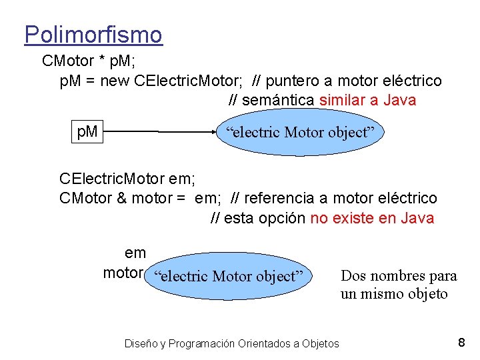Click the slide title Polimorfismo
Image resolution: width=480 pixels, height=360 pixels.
(93, 34)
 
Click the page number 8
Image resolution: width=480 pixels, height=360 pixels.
(461, 343)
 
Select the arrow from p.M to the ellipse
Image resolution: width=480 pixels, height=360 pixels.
(160, 132)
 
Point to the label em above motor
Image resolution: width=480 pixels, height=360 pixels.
(135, 253)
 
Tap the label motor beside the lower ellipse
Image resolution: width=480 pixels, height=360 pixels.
(123, 273)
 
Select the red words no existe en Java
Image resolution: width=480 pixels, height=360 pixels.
(372, 218)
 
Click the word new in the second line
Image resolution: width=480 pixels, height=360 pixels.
(115, 81)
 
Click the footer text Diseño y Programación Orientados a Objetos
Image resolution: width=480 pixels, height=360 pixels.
(231, 343)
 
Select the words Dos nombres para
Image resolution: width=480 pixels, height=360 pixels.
(398, 275)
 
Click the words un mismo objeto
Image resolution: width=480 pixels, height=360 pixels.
(394, 294)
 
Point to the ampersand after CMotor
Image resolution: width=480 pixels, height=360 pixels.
(121, 198)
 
